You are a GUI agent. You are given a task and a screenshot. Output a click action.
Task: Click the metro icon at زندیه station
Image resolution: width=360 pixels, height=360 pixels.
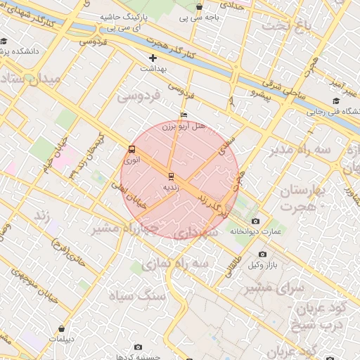(x=169, y=175)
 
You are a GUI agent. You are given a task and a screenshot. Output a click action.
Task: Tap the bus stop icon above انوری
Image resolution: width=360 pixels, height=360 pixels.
(x=131, y=149)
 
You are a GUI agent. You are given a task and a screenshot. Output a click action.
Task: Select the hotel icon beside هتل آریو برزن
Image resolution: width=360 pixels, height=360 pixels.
(x=184, y=115)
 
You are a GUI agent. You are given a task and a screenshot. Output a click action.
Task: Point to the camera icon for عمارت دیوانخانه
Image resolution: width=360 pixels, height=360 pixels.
(x=255, y=221)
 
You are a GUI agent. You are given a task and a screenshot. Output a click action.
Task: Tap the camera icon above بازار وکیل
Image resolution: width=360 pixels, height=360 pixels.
(x=262, y=254)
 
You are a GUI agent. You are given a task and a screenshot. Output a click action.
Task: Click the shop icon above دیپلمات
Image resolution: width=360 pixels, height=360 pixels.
(x=63, y=328)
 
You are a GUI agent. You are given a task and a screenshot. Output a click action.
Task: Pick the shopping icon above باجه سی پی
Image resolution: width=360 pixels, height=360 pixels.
(x=200, y=8)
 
